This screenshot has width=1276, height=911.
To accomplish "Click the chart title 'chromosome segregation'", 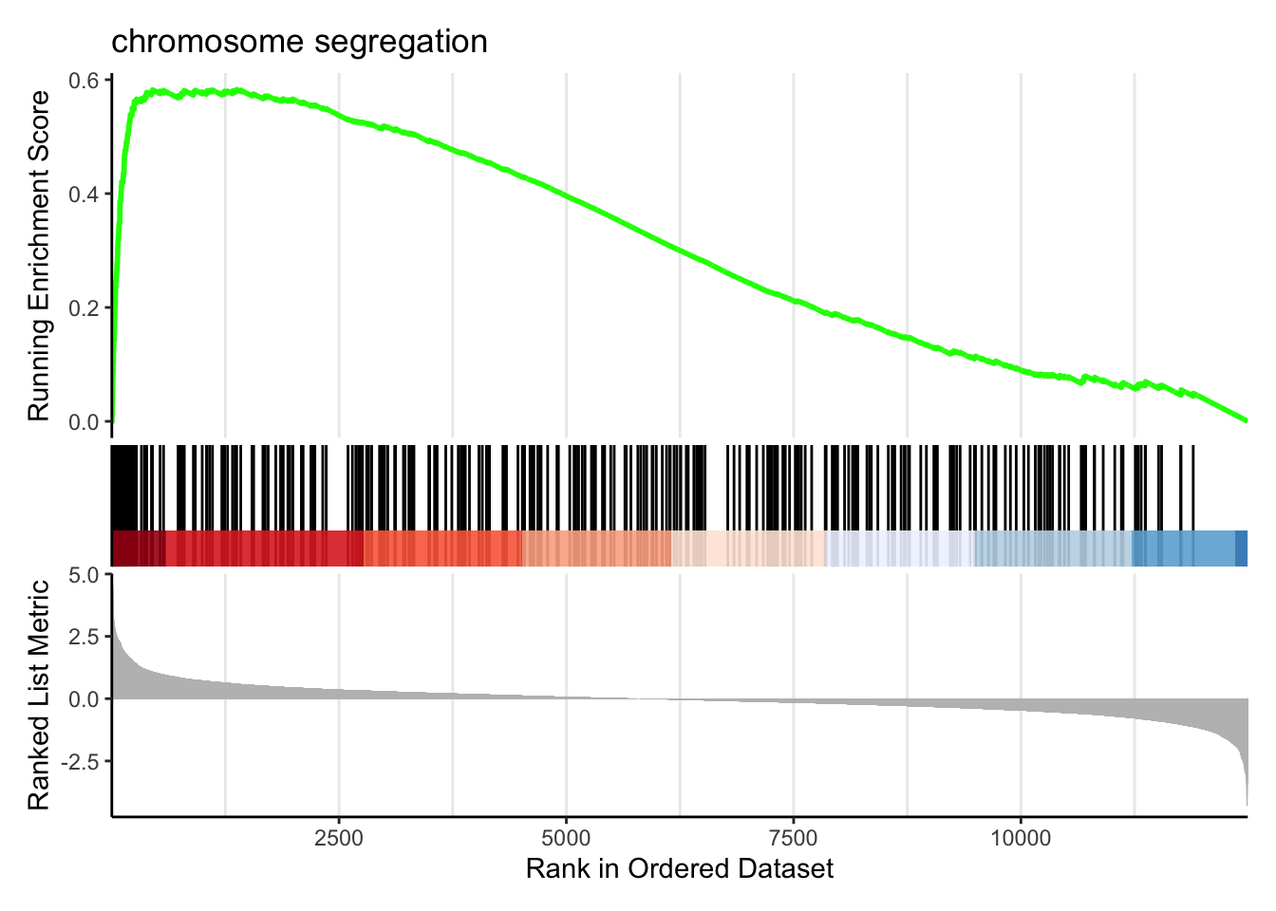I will (299, 42).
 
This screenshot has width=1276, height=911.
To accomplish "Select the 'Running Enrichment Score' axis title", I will (38, 256).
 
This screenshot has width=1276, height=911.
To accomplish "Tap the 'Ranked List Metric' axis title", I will (38, 696).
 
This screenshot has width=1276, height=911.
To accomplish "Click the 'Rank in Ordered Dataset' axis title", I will (680, 868).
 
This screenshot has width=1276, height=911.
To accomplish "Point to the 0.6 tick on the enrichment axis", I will (84, 81).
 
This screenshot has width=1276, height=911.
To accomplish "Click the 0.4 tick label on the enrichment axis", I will (84, 195).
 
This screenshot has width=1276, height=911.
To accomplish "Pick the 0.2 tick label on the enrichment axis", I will (84, 308).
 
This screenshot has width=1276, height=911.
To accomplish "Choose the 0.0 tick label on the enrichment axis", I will (84, 422).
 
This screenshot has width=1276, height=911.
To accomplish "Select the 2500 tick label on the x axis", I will (339, 838).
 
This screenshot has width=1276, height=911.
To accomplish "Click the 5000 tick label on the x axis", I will (566, 838).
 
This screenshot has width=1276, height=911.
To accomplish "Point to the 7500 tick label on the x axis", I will (793, 838).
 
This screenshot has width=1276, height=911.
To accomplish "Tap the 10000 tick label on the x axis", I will (1021, 838).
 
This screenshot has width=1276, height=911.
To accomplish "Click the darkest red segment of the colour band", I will (138, 548).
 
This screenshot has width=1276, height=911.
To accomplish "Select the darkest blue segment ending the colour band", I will (1241, 548).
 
